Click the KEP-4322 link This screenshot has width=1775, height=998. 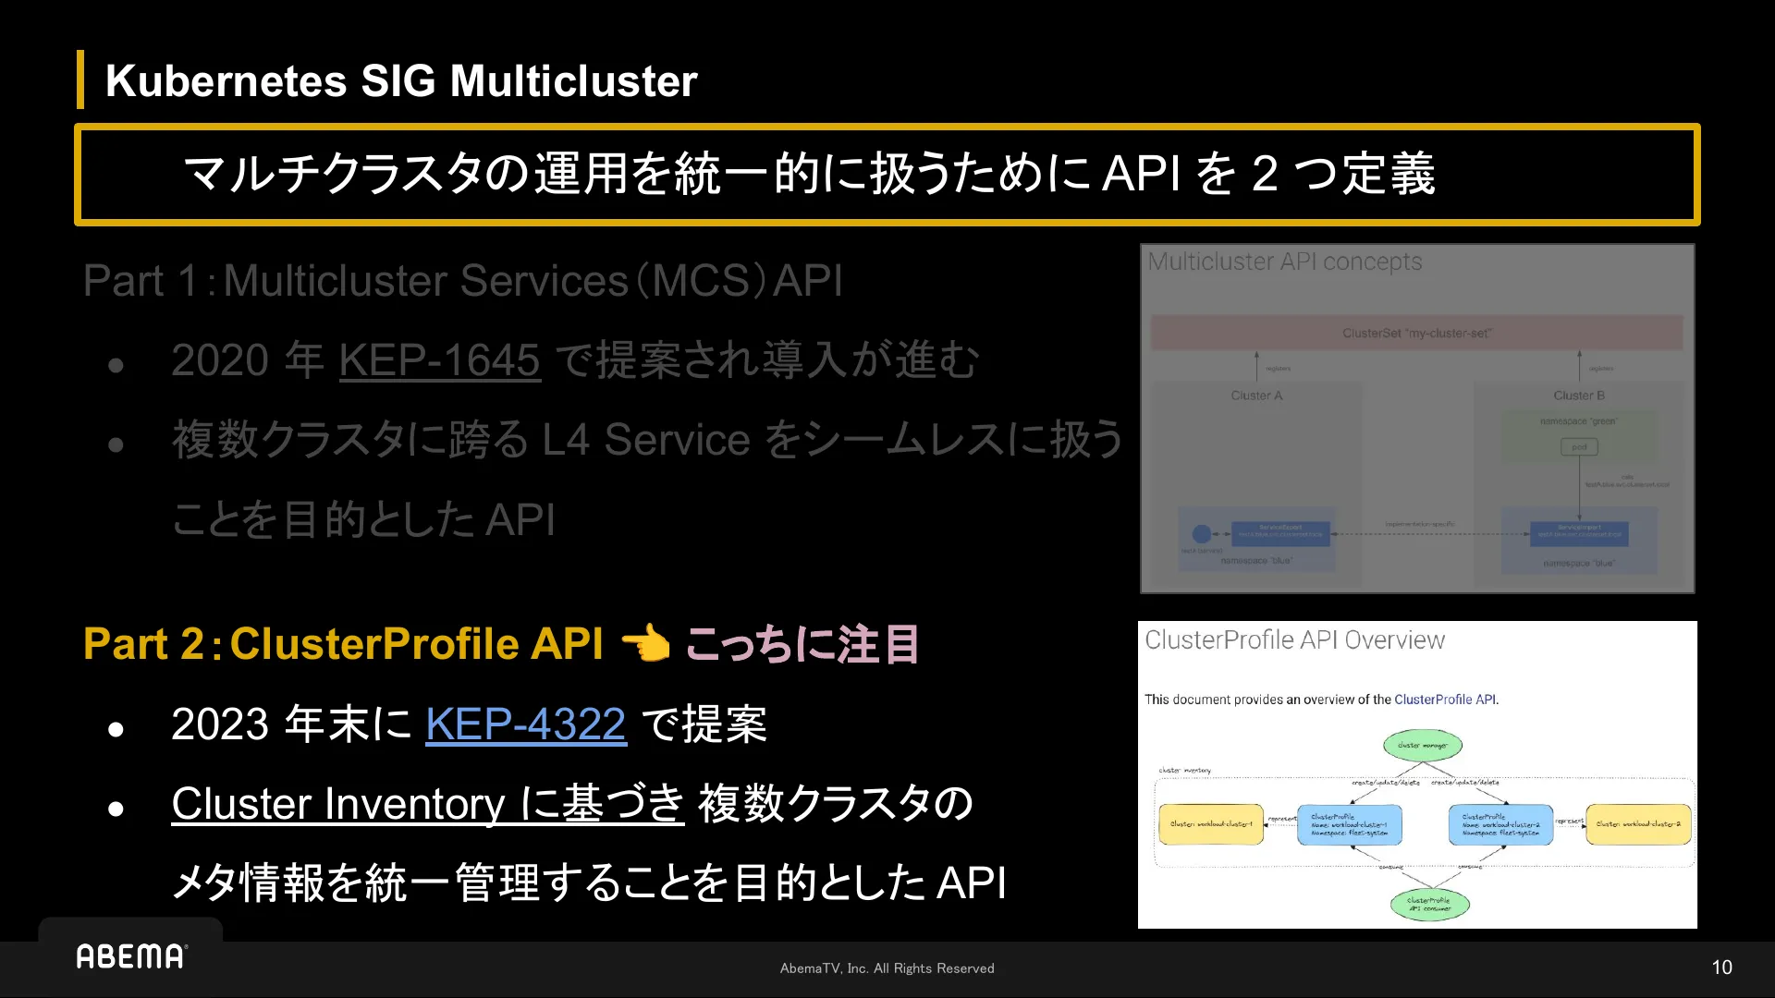525,724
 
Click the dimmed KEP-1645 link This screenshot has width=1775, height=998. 439,359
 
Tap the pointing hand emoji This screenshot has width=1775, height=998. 645,643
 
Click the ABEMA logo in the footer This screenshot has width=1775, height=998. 131,956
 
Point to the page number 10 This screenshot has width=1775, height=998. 1721,968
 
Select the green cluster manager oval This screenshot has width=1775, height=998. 1423,745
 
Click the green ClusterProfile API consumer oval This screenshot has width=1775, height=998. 1429,904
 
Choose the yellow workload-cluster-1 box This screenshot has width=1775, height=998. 1210,824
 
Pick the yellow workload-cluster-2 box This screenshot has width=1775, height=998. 1638,824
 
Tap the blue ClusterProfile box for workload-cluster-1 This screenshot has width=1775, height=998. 1349,824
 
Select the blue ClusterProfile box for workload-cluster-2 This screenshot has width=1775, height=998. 1500,824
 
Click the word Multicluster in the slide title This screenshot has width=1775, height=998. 573,81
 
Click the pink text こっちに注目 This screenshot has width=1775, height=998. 802,644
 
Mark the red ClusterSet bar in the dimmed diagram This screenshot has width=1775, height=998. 1416,333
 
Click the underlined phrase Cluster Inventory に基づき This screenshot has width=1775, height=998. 427,803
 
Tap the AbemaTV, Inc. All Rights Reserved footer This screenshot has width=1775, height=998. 887,968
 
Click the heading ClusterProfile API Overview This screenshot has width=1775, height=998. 1294,639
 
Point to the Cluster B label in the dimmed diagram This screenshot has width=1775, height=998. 1579,396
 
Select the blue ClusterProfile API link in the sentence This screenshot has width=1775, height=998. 1444,700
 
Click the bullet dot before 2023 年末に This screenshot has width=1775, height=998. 116,730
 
